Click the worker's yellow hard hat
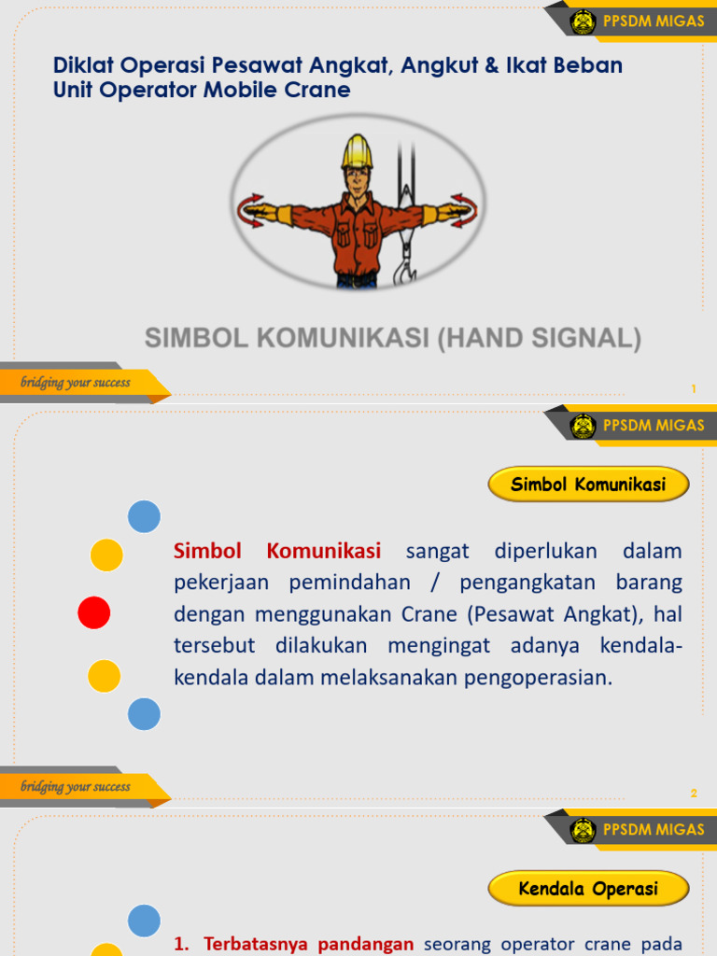[x=357, y=151]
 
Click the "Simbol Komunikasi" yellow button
[x=588, y=485]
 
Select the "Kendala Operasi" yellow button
[x=588, y=889]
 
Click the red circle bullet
[x=93, y=612]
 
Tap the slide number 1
[x=694, y=388]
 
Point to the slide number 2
[x=694, y=794]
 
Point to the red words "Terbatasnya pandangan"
[x=308, y=944]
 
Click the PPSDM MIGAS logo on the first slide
[x=583, y=21]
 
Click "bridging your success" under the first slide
[x=76, y=382]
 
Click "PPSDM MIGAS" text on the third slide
[x=654, y=830]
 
